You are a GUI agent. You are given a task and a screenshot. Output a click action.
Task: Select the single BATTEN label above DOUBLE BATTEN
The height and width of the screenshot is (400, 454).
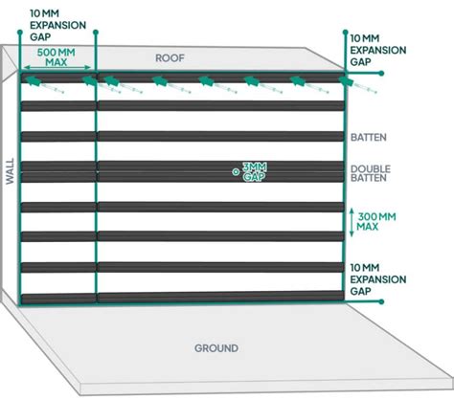pos(368,137)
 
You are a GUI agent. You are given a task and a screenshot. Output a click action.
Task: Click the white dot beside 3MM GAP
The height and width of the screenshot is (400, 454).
pos(235,172)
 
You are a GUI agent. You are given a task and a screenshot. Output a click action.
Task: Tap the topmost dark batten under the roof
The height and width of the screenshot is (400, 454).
pos(182,77)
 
